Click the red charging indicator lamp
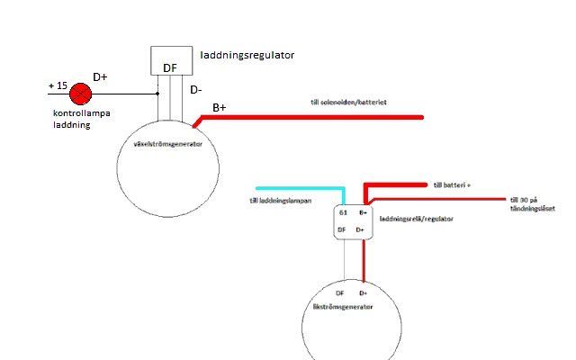(x=82, y=93)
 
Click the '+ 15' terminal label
(x=56, y=86)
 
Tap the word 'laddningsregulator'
(x=247, y=55)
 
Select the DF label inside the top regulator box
(x=170, y=67)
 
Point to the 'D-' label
(x=197, y=90)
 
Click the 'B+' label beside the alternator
(x=220, y=108)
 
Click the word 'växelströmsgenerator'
(x=168, y=144)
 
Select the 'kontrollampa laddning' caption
(x=73, y=120)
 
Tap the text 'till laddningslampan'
(x=280, y=201)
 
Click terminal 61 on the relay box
(x=343, y=213)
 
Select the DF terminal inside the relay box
(x=342, y=230)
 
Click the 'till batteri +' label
(x=452, y=184)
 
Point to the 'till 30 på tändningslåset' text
(x=532, y=203)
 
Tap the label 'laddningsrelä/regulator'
(x=417, y=219)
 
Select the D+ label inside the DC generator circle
(x=364, y=293)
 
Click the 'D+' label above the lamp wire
(x=100, y=78)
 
